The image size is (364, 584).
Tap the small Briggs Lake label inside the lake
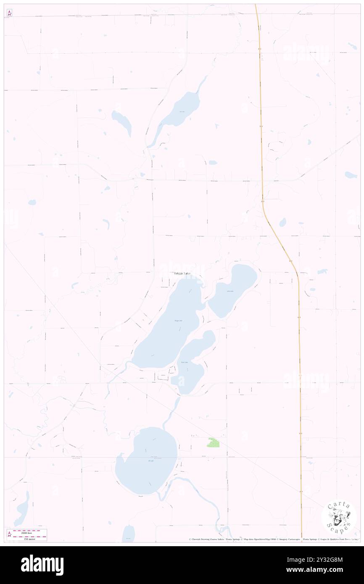[178, 321]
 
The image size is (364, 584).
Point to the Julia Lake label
[229, 291]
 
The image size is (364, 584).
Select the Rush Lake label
[183, 362]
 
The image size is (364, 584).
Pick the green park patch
[214, 442]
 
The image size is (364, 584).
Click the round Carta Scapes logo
[339, 517]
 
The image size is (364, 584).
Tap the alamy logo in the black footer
[42, 565]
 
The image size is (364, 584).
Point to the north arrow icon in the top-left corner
[9, 13]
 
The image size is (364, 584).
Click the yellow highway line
[261, 126]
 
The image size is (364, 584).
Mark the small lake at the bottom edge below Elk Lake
[129, 534]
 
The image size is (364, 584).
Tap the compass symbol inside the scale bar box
[9, 534]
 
